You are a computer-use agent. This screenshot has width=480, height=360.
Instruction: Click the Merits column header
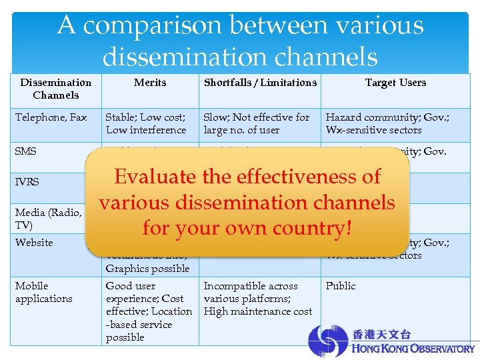pyautogui.click(x=150, y=83)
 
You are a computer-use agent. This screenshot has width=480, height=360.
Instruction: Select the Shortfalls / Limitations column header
pyautogui.click(x=260, y=83)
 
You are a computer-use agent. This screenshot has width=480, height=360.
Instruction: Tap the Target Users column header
pyautogui.click(x=395, y=83)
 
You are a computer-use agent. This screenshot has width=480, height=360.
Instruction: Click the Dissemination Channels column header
pyautogui.click(x=55, y=89)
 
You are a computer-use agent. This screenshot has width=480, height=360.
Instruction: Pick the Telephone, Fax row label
pyautogui.click(x=51, y=117)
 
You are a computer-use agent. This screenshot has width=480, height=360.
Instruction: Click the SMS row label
pyautogui.click(x=26, y=151)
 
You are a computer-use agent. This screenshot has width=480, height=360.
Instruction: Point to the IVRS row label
pyautogui.click(x=27, y=181)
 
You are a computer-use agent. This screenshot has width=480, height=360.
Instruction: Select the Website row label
pyautogui.click(x=34, y=243)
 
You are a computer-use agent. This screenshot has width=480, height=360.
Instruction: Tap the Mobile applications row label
pyautogui.click(x=44, y=292)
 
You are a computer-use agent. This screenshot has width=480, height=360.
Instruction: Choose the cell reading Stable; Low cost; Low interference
pyautogui.click(x=146, y=123)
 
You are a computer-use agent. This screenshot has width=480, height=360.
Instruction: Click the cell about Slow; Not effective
pyautogui.click(x=257, y=123)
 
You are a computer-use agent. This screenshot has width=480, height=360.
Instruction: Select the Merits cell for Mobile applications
pyautogui.click(x=148, y=311)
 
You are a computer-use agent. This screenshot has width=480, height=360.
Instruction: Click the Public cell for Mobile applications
pyautogui.click(x=341, y=286)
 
